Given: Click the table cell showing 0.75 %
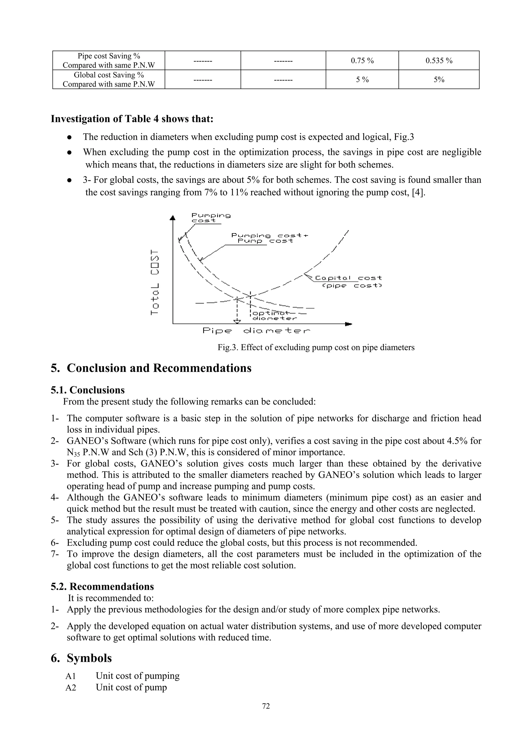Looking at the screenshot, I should click(x=362, y=61).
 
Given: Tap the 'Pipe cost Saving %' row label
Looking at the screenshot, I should click(x=109, y=61).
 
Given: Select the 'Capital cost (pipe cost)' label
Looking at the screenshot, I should click(x=348, y=282).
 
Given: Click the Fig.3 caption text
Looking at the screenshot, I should click(x=316, y=347).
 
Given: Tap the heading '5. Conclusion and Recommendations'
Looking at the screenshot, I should click(x=151, y=368).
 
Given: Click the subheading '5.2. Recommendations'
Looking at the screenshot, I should click(x=102, y=586).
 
